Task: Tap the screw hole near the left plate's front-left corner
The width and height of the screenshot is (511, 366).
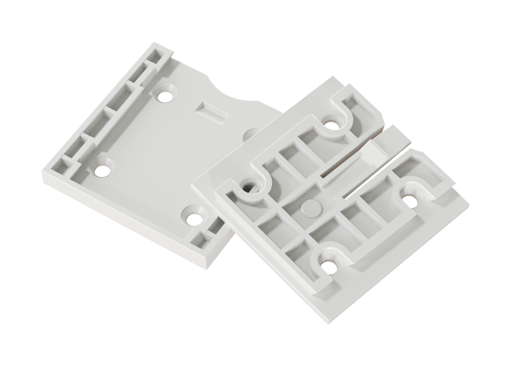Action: tap(102, 171)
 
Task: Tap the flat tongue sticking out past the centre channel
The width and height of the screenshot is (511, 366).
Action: tap(395, 137)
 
